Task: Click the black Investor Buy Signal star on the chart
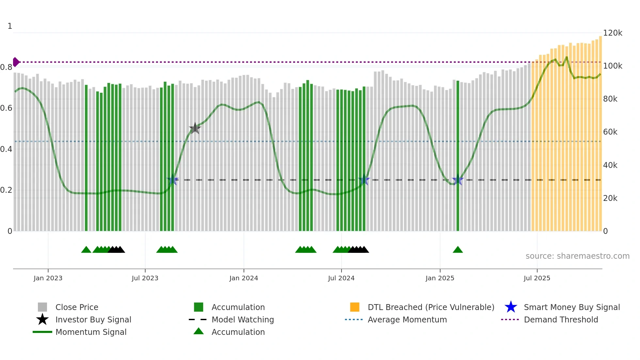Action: (195, 128)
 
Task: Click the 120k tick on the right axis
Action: (612, 33)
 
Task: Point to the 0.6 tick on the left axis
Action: (6, 108)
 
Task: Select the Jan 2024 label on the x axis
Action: (244, 278)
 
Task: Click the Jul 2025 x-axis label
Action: (537, 278)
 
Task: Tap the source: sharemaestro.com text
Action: (577, 256)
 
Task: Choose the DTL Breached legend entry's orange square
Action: (355, 307)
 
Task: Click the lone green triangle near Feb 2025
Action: (458, 250)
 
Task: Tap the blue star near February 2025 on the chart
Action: (458, 180)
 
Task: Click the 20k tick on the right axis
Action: (610, 198)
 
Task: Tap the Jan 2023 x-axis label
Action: (48, 278)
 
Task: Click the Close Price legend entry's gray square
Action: (42, 307)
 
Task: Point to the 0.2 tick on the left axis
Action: (6, 190)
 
